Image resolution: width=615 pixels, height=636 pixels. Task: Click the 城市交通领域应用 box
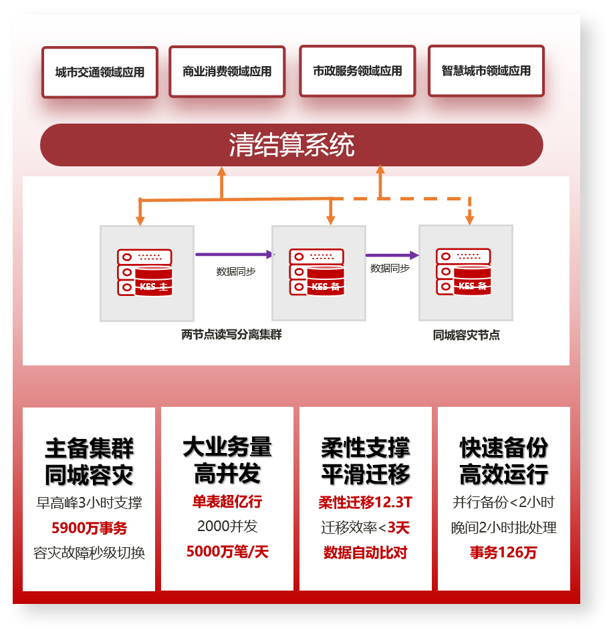coord(100,72)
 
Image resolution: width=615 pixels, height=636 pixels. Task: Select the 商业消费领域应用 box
coord(227,71)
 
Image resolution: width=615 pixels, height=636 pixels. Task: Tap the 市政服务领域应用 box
coord(358,71)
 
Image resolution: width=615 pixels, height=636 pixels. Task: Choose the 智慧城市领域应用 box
coord(486,71)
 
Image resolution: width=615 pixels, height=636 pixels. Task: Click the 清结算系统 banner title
coord(291,145)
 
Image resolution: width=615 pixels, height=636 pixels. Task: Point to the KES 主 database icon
coord(145,272)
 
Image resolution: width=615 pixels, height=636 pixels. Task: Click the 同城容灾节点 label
coord(467,335)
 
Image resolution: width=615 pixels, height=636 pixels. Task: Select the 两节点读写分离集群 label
coord(231,335)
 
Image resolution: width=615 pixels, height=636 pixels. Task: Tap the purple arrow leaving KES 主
coord(234,255)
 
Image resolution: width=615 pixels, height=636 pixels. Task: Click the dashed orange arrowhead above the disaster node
coord(469,218)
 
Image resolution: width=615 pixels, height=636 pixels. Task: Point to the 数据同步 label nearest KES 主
coord(235,272)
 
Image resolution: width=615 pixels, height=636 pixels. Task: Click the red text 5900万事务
coord(89,528)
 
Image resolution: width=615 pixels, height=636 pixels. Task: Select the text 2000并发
coord(227,526)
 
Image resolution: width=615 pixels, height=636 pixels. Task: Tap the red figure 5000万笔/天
coord(227,552)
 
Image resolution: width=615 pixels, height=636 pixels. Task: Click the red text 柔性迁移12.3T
coord(365,502)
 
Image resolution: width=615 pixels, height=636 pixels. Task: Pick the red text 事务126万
coord(503,552)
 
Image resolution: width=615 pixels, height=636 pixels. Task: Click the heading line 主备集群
coord(89,448)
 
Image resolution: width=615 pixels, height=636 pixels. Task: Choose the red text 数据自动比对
coord(365,552)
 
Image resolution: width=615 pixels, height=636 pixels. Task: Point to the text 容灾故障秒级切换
coord(89,553)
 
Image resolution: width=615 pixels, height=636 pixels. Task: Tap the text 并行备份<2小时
coord(503,502)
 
